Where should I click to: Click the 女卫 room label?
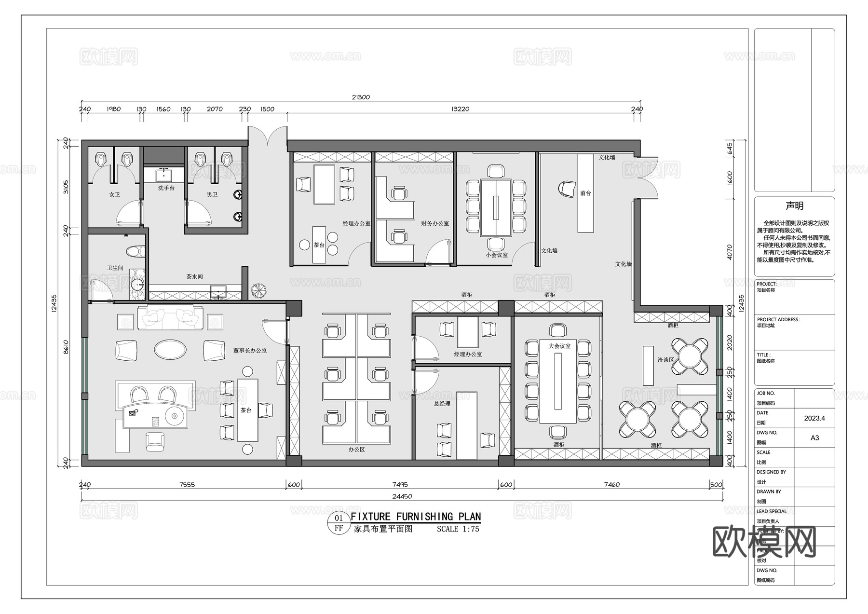pyautogui.click(x=114, y=194)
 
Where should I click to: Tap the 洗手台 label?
pyautogui.click(x=166, y=188)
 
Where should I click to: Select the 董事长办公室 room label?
pyautogui.click(x=250, y=351)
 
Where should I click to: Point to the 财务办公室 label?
pyautogui.click(x=435, y=223)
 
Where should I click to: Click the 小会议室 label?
pyautogui.click(x=497, y=255)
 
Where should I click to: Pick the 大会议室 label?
pyautogui.click(x=559, y=346)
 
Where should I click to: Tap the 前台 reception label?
pyautogui.click(x=585, y=193)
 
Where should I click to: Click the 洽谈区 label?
pyautogui.click(x=665, y=360)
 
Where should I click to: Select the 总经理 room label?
pyautogui.click(x=442, y=403)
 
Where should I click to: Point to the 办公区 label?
pyautogui.click(x=356, y=449)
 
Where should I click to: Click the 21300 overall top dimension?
pyautogui.click(x=361, y=97)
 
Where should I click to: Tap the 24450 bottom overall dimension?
pyautogui.click(x=402, y=496)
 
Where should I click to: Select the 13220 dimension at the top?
pyautogui.click(x=460, y=109)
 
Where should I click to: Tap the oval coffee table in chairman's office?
pyautogui.click(x=170, y=349)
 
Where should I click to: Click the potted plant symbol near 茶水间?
pyautogui.click(x=259, y=290)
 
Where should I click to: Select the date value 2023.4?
pyautogui.click(x=814, y=418)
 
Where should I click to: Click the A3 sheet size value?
pyautogui.click(x=814, y=438)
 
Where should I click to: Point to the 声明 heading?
pyautogui.click(x=794, y=206)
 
